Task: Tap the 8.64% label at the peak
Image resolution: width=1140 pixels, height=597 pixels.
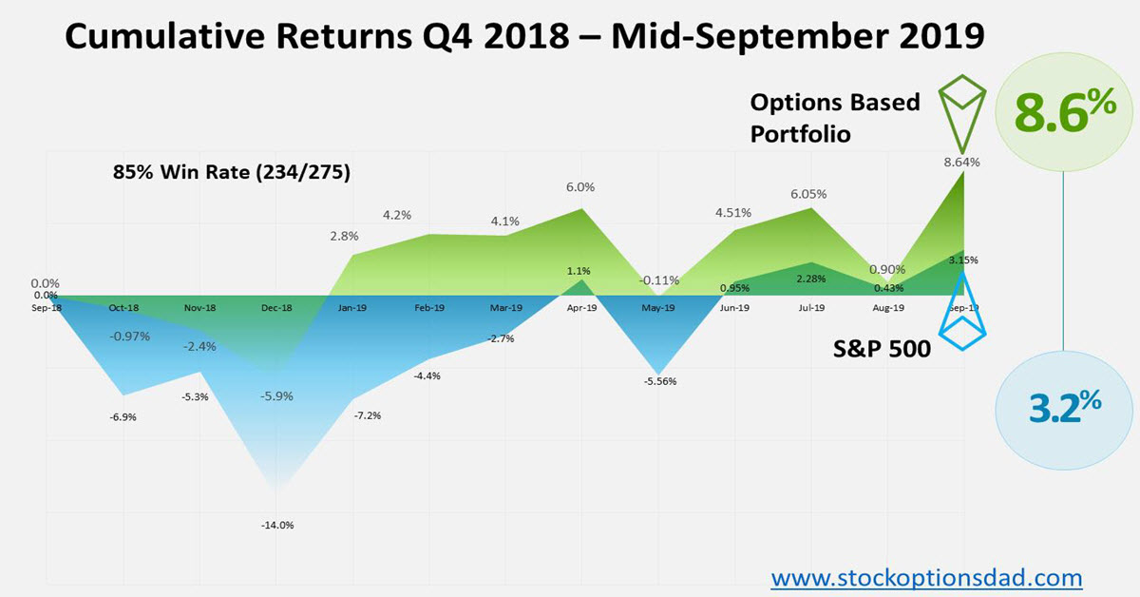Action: coord(962,162)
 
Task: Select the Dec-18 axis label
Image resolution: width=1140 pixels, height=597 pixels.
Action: coord(276,308)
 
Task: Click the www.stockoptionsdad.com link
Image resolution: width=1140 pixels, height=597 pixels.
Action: coord(925,576)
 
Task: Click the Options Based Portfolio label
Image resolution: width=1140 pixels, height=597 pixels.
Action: coord(834,118)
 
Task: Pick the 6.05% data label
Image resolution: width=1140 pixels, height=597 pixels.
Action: coord(807,193)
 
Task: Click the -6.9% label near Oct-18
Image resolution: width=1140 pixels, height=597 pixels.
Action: coord(123,417)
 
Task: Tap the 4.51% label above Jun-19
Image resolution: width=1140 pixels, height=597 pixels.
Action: coord(732,212)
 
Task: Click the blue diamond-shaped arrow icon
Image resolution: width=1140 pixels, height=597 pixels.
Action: coord(962,309)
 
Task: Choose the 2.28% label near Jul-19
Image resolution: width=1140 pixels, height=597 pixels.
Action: coord(810,279)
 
